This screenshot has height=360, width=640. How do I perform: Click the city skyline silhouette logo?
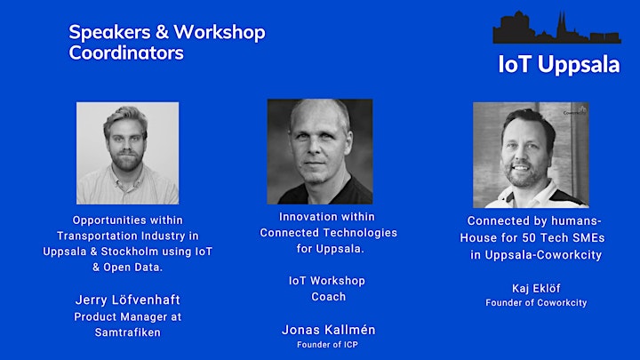click(x=556, y=28)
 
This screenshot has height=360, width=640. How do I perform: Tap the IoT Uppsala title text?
click(x=559, y=65)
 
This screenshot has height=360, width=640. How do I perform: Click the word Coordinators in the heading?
click(x=126, y=52)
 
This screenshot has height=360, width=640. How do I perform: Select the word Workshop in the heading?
click(x=220, y=33)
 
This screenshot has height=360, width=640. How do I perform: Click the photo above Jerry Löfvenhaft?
click(x=127, y=153)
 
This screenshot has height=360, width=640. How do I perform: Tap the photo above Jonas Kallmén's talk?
click(x=320, y=151)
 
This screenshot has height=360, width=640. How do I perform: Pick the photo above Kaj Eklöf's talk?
click(x=531, y=155)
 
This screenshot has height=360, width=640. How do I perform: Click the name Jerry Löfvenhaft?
click(x=128, y=300)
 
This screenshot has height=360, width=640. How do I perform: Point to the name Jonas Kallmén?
click(x=329, y=330)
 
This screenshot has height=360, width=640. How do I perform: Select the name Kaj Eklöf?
click(x=536, y=289)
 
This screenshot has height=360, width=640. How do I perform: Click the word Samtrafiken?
click(x=128, y=332)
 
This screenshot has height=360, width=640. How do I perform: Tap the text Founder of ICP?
click(x=327, y=345)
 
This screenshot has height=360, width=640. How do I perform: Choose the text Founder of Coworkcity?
click(x=536, y=303)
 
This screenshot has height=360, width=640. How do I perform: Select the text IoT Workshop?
click(x=327, y=281)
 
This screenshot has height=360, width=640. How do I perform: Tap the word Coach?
click(x=329, y=297)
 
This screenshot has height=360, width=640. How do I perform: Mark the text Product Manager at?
click(x=128, y=317)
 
